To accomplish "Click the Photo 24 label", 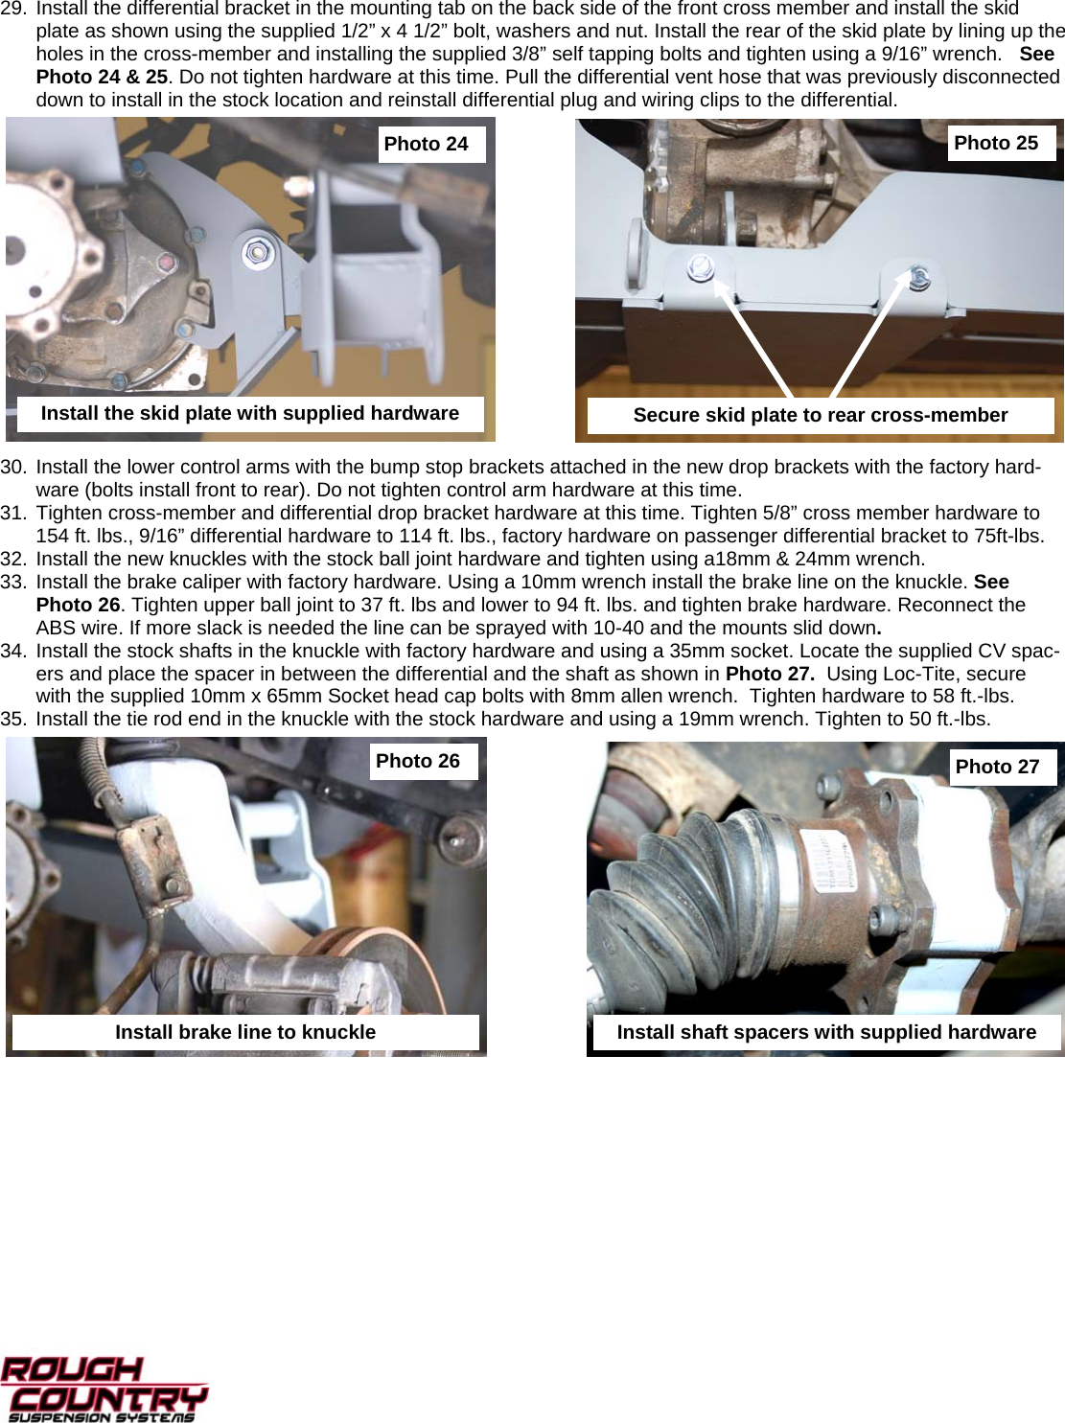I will click(427, 144).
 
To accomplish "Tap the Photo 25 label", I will click(997, 143).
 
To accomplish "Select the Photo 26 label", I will click(418, 761).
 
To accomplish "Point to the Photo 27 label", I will click(998, 767).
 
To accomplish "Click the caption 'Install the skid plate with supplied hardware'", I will click(249, 413).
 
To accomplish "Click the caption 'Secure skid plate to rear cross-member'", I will click(820, 415).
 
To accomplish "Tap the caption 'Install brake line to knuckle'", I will click(245, 1032).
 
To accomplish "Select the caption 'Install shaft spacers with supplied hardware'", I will click(825, 1032).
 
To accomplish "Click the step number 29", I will click(13, 9).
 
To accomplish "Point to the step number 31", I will click(13, 513).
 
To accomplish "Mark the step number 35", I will click(13, 719).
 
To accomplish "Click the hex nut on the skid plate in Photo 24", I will click(256, 253).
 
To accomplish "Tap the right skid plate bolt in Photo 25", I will click(917, 277).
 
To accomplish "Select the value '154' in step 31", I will click(53, 536).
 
